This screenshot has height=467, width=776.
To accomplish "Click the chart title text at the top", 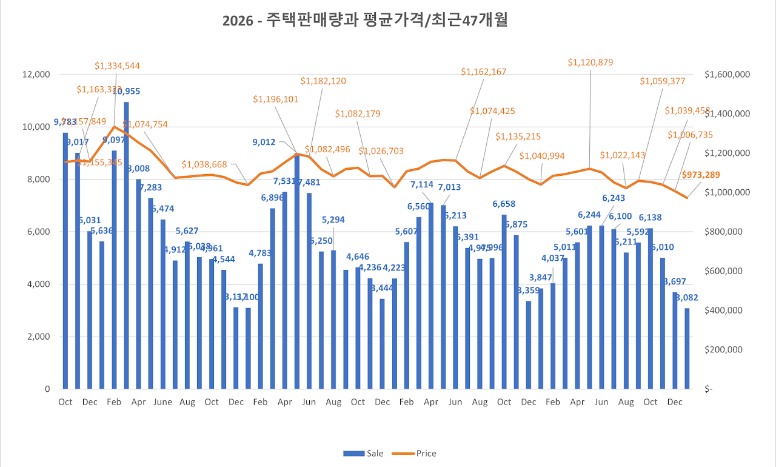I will point(365,21).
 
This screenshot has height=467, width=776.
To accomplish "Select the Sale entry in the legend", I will point(363,453).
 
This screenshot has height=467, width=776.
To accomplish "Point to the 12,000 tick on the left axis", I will point(38,75).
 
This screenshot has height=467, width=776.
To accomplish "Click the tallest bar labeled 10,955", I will point(126,243).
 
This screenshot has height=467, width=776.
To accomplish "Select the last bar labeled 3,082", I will point(687,349).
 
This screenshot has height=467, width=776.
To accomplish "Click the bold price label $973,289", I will point(701,175).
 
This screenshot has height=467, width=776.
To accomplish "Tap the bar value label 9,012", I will point(264,143).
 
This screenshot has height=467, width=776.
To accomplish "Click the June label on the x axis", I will point(162,402).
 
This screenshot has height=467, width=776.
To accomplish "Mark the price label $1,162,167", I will point(483,72).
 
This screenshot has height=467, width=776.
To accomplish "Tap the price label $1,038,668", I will point(204,164).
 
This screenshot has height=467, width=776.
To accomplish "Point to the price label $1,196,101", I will point(276,99).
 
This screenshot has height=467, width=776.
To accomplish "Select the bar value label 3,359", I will point(528,291).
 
